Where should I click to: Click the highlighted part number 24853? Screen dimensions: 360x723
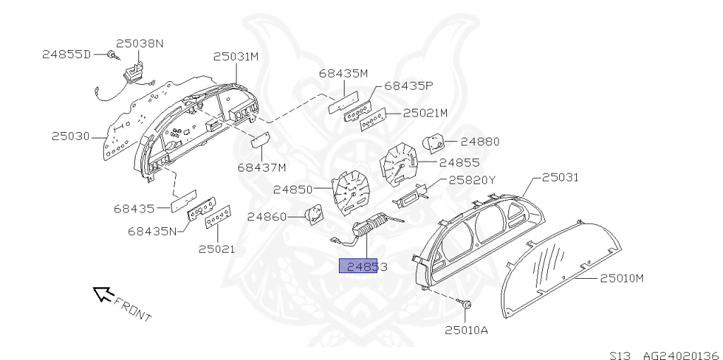point(359,266)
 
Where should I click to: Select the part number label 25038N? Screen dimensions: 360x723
point(140,43)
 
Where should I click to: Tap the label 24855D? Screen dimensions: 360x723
point(66,54)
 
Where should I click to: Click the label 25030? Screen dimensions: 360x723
point(71,136)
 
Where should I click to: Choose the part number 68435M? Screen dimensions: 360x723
point(343,73)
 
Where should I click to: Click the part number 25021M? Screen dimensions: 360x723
point(426,113)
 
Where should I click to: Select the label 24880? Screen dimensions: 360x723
point(479,141)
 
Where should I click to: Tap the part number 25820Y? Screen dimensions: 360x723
point(473,180)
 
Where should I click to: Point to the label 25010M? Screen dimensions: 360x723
point(622,277)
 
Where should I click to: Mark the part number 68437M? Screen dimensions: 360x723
point(262,167)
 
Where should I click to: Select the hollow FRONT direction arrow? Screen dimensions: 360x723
point(103,294)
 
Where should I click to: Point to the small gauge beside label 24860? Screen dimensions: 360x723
point(314,215)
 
